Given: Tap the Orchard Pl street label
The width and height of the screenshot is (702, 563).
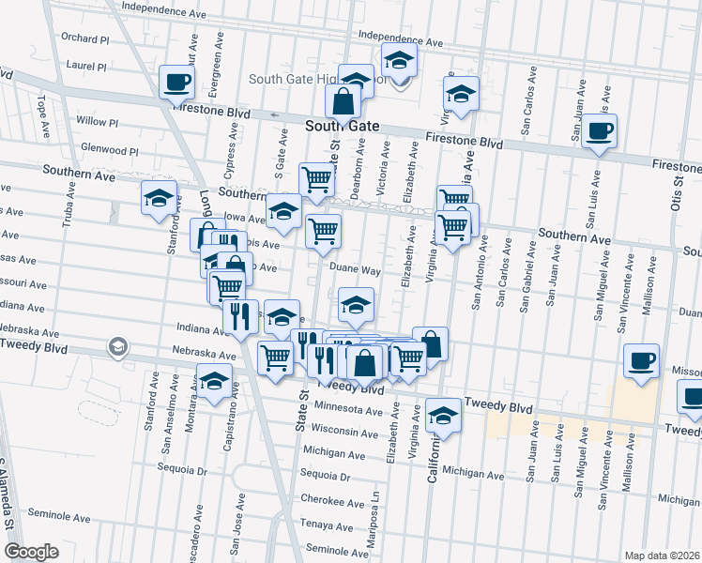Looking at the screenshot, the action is pos(83,38).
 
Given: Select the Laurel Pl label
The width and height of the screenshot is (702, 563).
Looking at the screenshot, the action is pos(87,67).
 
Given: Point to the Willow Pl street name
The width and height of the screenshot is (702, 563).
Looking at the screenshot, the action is pos(97,122).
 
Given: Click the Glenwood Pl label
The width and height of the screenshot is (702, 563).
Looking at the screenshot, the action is pos(110,149).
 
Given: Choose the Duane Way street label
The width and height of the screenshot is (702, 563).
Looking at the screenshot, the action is pos(354,270).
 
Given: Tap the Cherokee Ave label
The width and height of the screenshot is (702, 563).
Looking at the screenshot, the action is pos(324,499).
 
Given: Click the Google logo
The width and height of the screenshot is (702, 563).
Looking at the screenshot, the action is pos(31,552).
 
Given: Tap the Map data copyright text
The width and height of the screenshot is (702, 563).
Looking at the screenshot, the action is pos(661,555).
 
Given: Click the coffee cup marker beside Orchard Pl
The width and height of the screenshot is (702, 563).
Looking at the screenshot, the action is pos(175,84).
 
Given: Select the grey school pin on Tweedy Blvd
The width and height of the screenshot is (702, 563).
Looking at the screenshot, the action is pos(117,347).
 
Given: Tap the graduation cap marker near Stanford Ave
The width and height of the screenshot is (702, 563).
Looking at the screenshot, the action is pos(159,198).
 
